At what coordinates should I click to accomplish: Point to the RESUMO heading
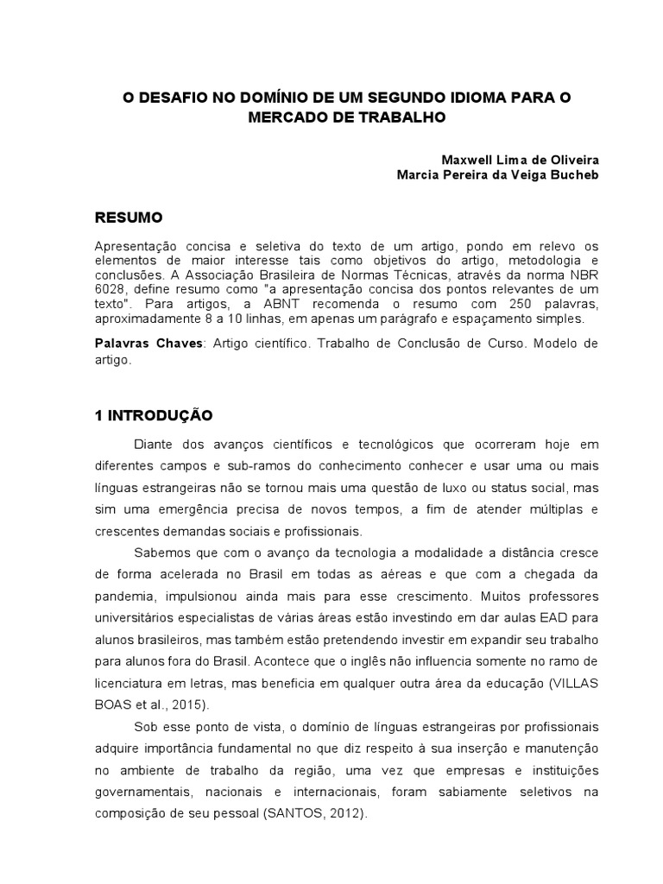(129, 216)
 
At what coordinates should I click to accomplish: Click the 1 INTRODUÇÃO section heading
(154, 414)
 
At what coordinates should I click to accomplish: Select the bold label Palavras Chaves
(148, 344)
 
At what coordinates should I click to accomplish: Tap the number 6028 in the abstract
(111, 291)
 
